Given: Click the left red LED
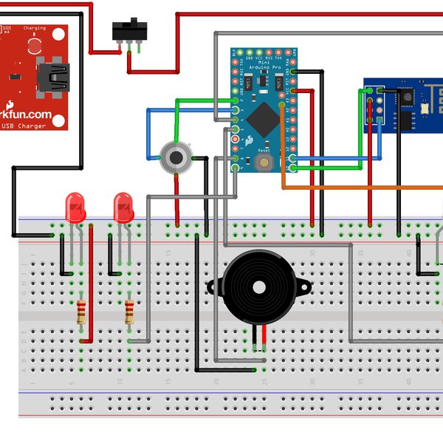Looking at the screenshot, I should click(75, 207).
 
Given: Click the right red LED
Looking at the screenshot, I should click(123, 207).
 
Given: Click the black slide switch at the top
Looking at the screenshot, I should click(129, 30).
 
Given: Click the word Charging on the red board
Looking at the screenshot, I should click(34, 29).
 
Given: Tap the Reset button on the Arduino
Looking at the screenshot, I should click(264, 161).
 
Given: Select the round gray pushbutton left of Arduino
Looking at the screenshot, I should click(176, 156).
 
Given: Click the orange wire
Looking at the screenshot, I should click(354, 188).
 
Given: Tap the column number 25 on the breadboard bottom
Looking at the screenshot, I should click(264, 382).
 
